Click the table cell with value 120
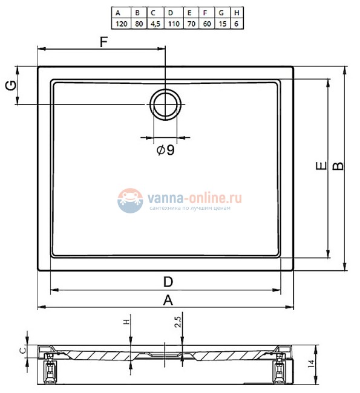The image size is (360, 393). click(x=121, y=24)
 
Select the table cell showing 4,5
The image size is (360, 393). click(x=155, y=24)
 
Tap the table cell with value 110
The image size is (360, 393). click(x=174, y=24)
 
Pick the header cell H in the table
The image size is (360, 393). click(x=237, y=13)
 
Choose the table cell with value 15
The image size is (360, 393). click(x=222, y=24)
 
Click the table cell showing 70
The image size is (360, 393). click(x=191, y=24)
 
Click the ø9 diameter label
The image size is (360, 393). click(x=165, y=150)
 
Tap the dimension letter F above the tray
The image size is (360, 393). click(x=103, y=42)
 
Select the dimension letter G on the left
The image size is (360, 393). click(x=11, y=85)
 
